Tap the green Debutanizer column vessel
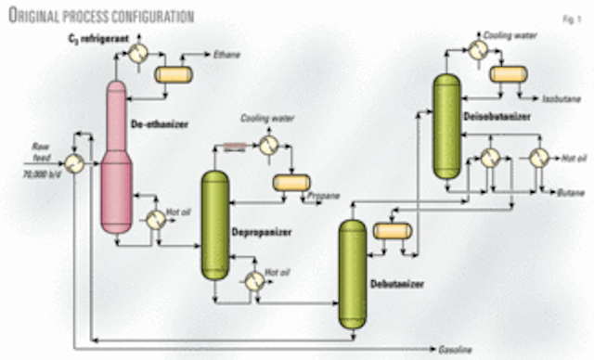tap(352, 274)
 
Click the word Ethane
tap(226, 56)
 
